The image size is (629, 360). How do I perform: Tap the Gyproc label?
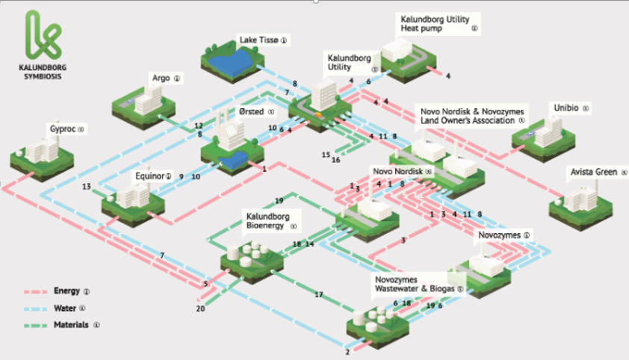point(61,128)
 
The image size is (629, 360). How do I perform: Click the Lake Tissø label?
point(258,39)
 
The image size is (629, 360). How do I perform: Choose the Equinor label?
point(149,176)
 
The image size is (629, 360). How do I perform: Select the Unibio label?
point(564,108)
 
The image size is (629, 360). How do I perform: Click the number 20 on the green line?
point(200,308)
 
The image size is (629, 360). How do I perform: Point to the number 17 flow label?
point(319,295)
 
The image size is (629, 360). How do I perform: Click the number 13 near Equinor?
point(87,186)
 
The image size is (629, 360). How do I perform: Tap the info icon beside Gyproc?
point(81,129)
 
